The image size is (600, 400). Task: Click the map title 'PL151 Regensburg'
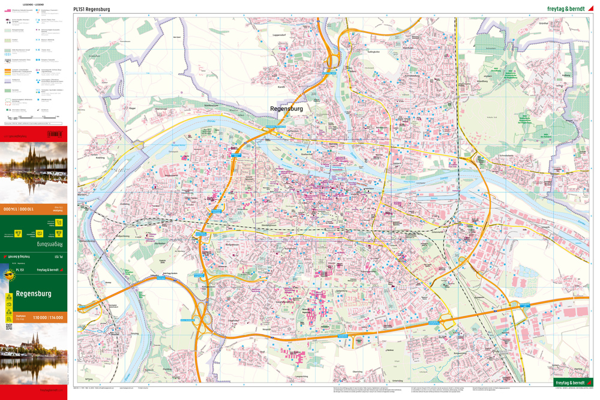91,9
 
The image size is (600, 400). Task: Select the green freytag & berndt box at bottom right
572,382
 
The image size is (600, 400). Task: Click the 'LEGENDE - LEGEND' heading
33,4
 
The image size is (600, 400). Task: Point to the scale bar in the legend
36,118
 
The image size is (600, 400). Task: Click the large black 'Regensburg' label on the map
286,109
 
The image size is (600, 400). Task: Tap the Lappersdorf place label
279,35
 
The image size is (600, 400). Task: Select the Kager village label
133,108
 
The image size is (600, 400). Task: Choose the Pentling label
167,369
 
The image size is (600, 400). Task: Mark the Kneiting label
100,158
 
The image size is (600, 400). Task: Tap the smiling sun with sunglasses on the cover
9,276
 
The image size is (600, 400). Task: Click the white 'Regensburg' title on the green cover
34,293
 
